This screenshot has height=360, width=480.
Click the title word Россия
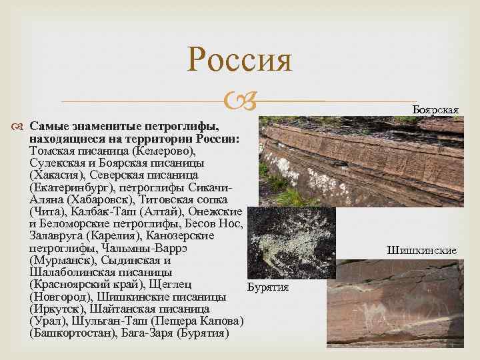[239, 59]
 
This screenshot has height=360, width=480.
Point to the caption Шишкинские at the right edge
[421, 251]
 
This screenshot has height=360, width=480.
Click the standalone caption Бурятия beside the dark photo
[267, 287]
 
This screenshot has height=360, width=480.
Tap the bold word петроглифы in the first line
[189, 126]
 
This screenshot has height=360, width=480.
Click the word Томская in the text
[54, 151]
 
